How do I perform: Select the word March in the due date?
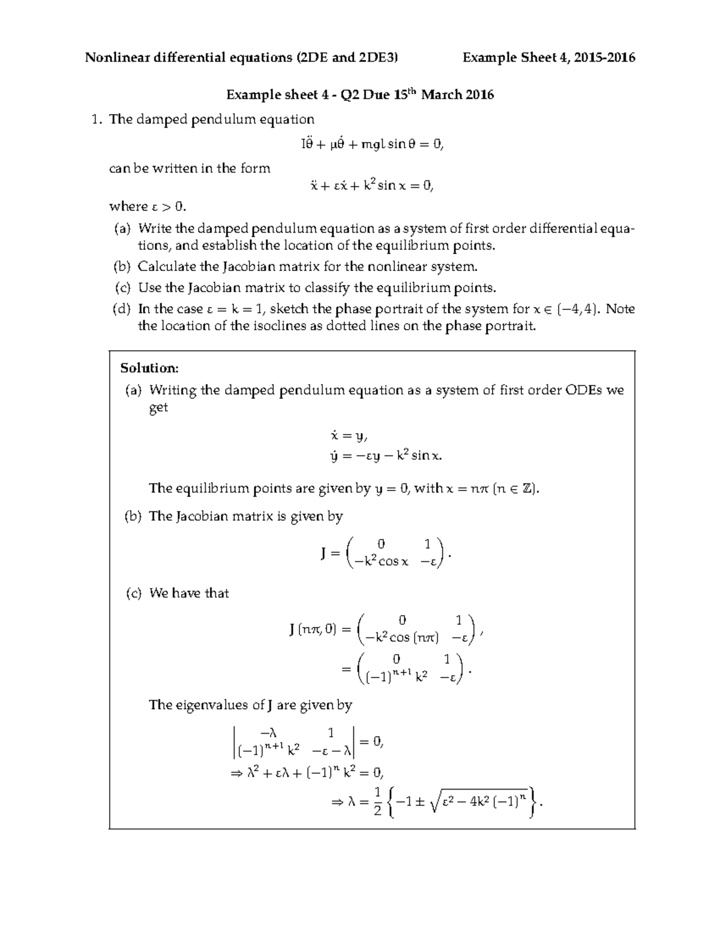(442, 95)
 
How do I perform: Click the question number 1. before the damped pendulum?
(95, 119)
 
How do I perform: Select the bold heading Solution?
(149, 367)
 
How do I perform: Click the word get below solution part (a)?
(158, 408)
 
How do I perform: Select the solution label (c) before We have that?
(133, 593)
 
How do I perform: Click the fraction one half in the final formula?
(377, 802)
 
